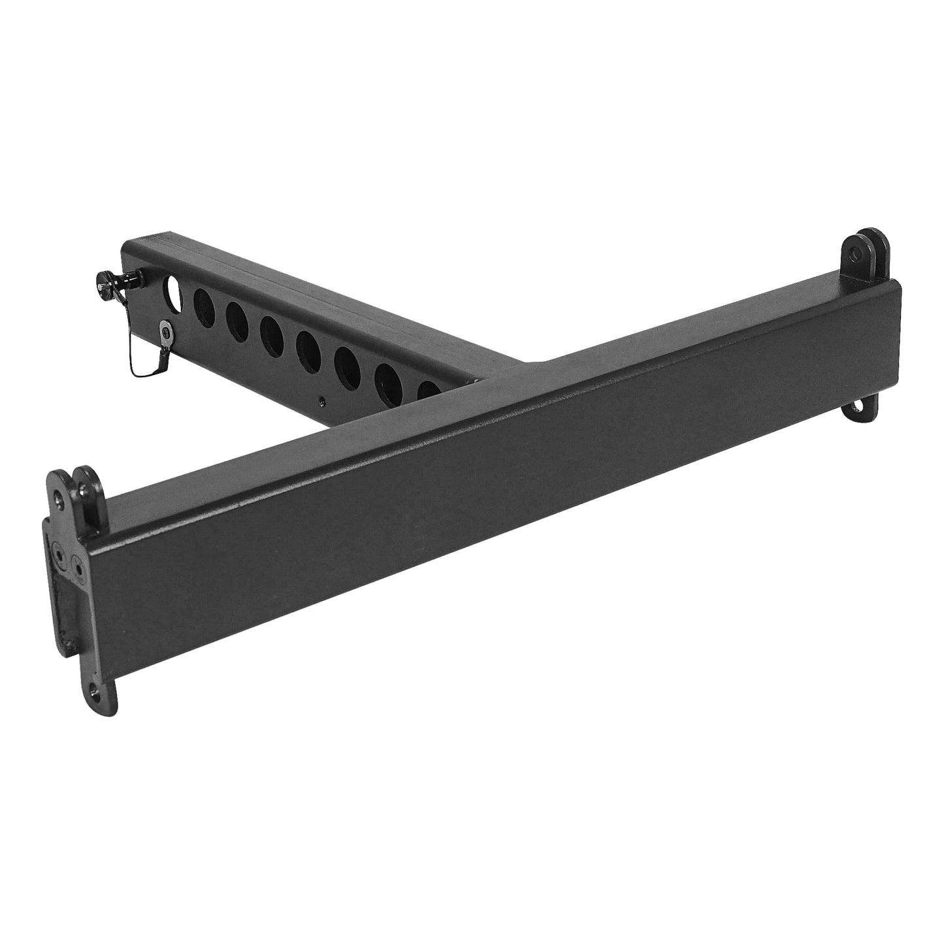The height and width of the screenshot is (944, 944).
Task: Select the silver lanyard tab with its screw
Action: (x=167, y=331)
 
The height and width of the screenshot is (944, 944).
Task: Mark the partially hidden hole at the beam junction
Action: (x=429, y=391)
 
